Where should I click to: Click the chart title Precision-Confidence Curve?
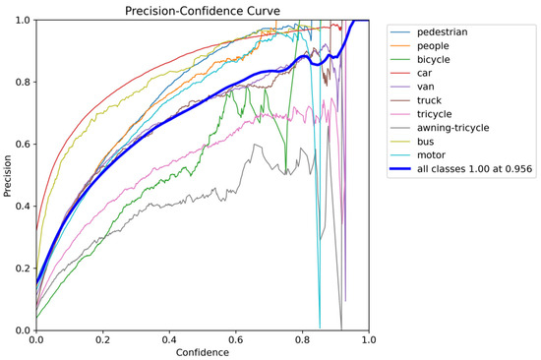pos(203,11)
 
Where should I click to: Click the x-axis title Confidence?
pos(203,352)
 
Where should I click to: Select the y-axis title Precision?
pos(7,176)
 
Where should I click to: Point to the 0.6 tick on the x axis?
pos(236,340)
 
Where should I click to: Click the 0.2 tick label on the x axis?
pos(103,340)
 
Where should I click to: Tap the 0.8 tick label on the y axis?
pos(24,83)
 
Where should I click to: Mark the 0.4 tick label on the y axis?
pos(24,206)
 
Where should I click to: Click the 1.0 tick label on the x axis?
pos(369,340)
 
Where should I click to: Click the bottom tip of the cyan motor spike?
pos(320,328)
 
